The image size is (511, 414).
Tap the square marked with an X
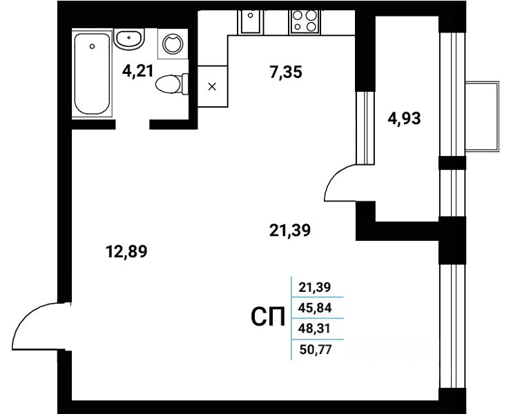coord(212,86)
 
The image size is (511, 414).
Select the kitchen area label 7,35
coord(285,71)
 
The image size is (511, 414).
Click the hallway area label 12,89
coord(127,250)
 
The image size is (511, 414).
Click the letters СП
coord(267,317)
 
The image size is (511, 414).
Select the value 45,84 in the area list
coord(316,308)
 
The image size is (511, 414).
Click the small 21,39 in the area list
coord(316,287)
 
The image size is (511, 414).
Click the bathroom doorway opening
coord(133,125)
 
